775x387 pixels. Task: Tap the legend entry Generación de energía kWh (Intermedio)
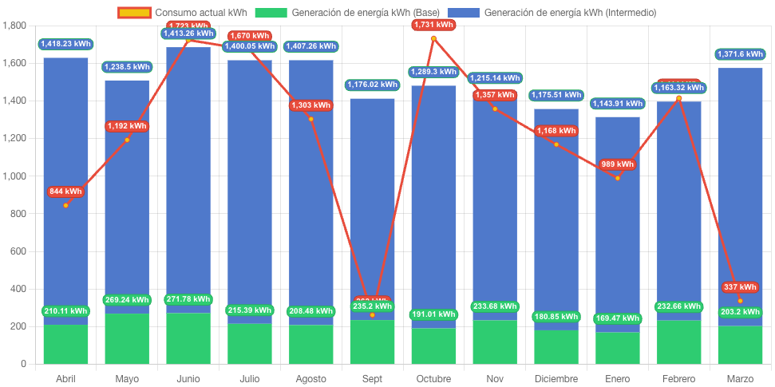click(552, 13)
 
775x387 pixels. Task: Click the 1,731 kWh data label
click(433, 25)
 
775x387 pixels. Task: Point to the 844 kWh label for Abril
click(65, 192)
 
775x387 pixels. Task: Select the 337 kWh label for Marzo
click(740, 287)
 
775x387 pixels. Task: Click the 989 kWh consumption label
click(617, 164)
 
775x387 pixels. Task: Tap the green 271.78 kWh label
click(188, 299)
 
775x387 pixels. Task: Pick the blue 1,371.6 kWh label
click(740, 54)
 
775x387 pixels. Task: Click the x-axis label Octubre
click(433, 378)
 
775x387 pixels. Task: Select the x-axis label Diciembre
click(556, 378)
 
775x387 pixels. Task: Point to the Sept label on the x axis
click(372, 378)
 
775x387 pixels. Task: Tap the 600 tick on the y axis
click(17, 251)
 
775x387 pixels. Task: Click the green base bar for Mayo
click(127, 339)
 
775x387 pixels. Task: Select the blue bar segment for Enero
click(617, 239)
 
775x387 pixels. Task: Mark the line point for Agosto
click(310, 119)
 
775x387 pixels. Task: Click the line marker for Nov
click(495, 109)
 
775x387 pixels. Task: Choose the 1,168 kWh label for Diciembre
click(556, 131)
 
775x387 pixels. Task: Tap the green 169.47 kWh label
click(617, 318)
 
